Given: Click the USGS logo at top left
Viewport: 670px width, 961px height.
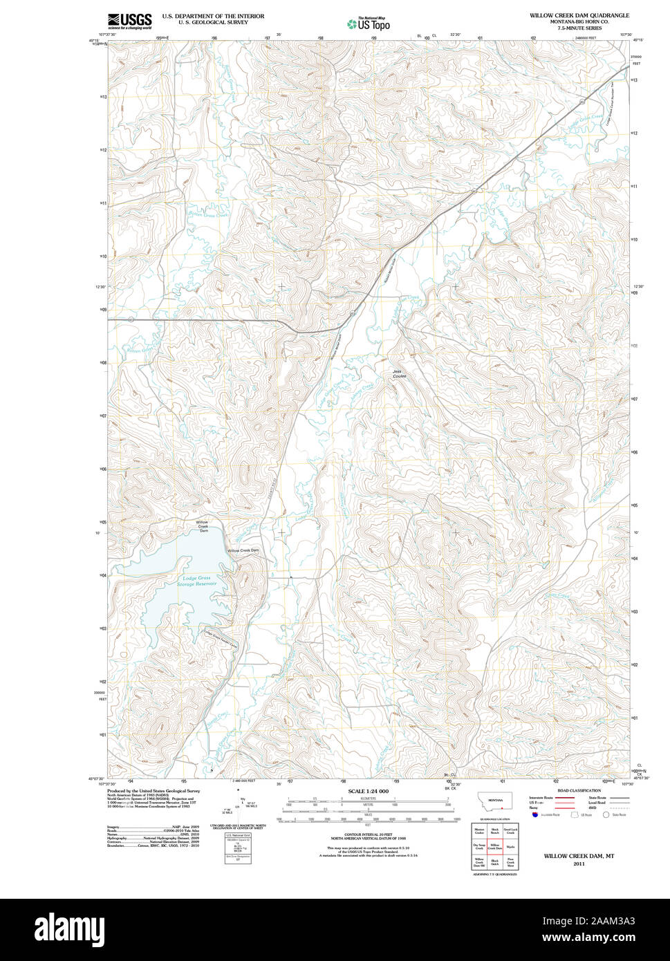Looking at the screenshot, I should pyautogui.click(x=129, y=21).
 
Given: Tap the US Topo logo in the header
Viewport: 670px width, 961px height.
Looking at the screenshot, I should pyautogui.click(x=369, y=24).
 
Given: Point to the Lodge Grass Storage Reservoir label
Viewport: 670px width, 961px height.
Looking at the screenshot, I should pyautogui.click(x=196, y=581).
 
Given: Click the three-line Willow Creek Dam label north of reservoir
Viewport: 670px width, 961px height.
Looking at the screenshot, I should pyautogui.click(x=203, y=526).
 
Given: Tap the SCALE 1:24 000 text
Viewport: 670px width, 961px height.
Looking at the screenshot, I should pyautogui.click(x=369, y=791).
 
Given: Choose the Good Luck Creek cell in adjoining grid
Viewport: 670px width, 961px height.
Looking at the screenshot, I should pyautogui.click(x=510, y=830).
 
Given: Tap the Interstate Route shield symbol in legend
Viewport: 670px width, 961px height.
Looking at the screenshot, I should pyautogui.click(x=534, y=814).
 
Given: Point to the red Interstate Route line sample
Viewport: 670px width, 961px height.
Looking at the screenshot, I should pyautogui.click(x=566, y=797).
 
